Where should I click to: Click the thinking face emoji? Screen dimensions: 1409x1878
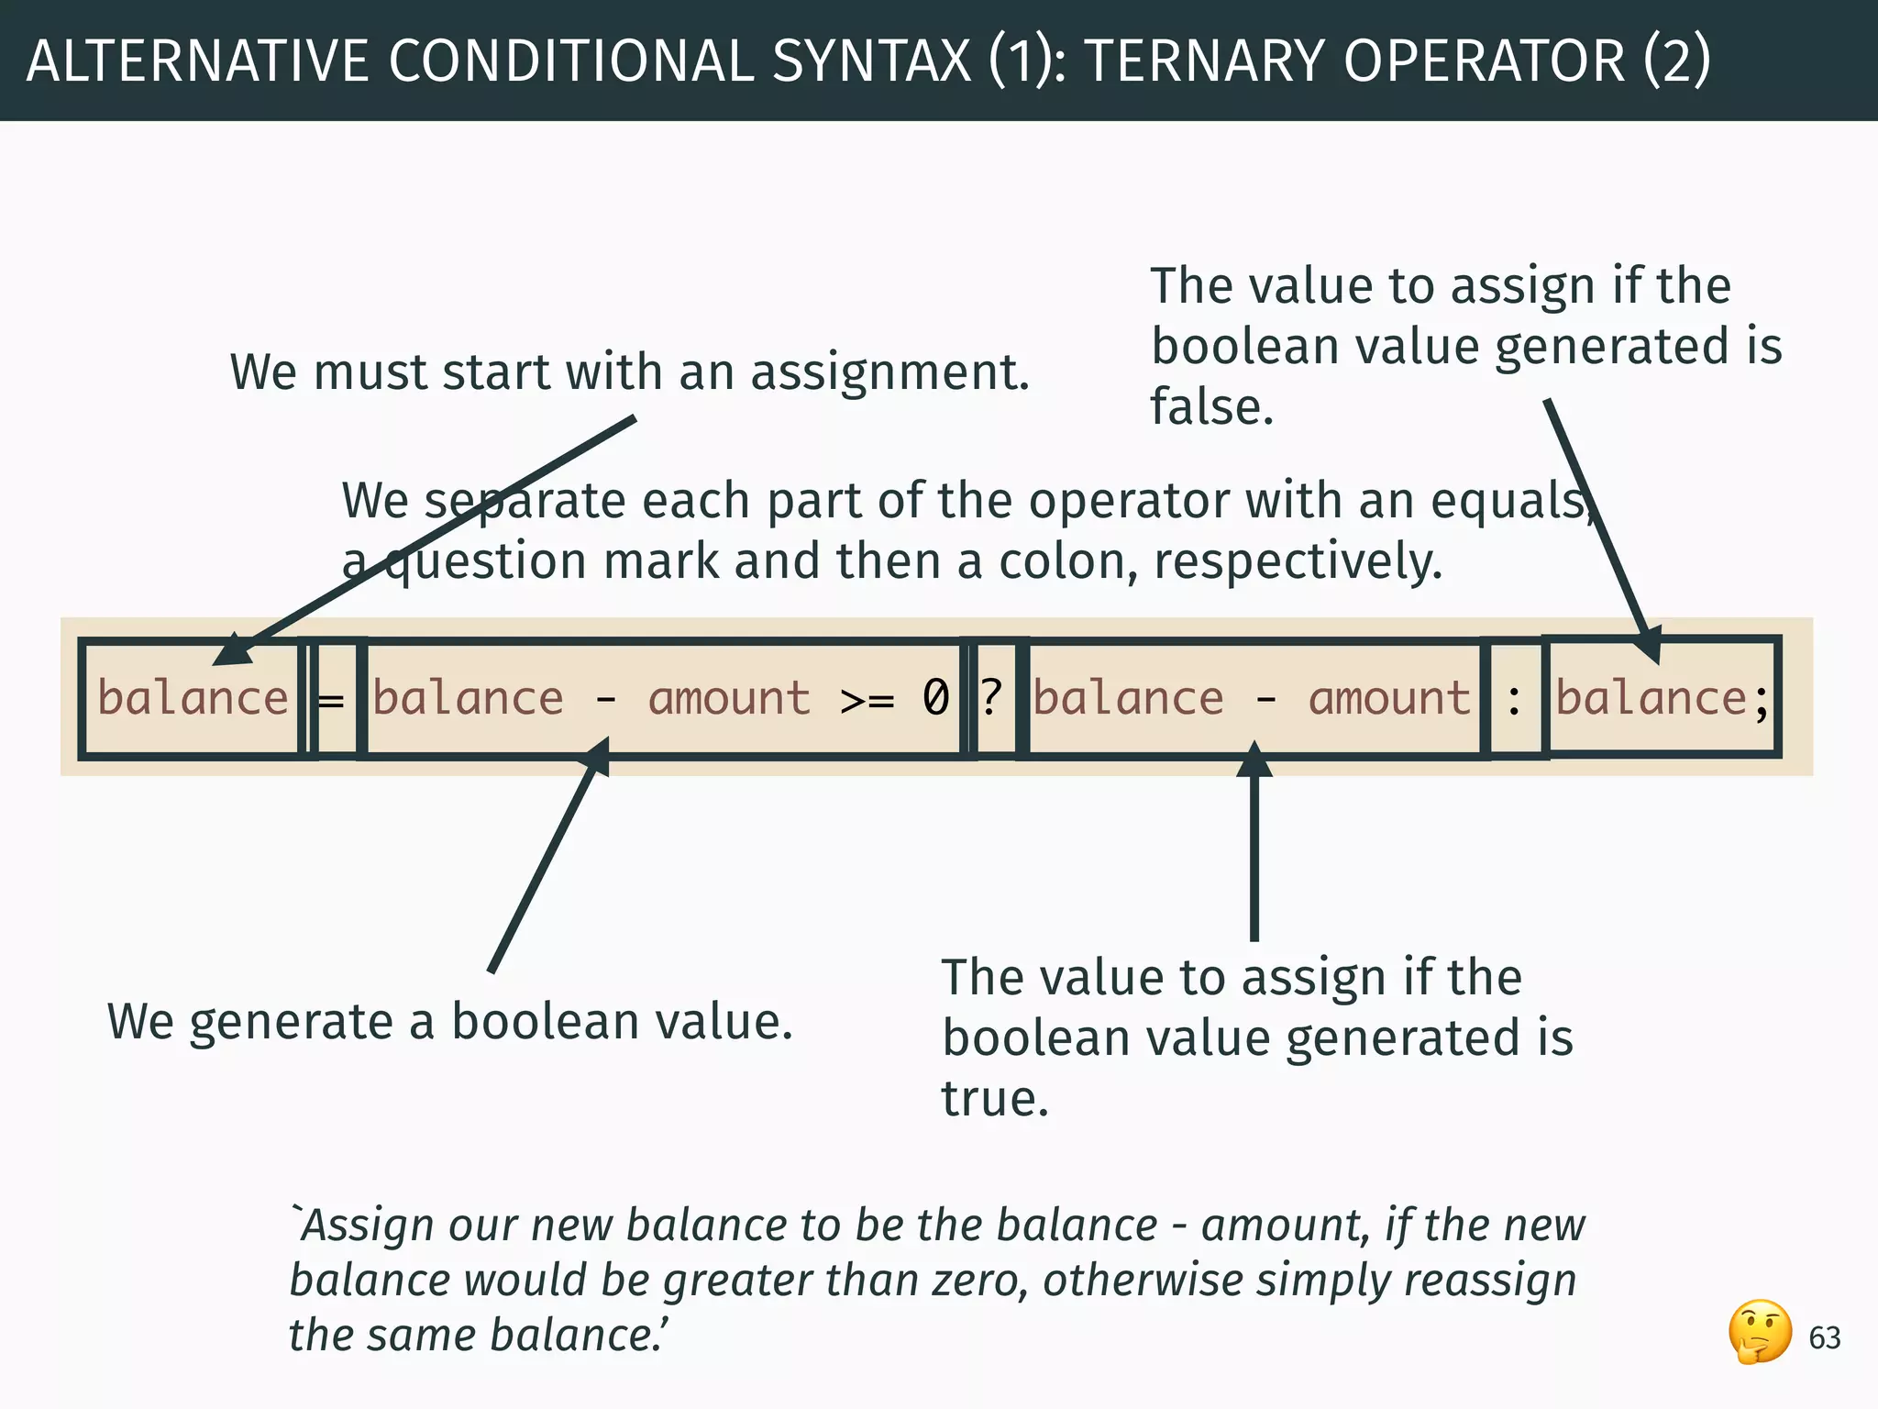tap(1760, 1332)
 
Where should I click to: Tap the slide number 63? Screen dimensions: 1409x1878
tap(1824, 1338)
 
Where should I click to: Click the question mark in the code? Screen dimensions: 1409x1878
tap(990, 697)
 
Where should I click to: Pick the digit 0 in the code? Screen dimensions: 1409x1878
tap(935, 697)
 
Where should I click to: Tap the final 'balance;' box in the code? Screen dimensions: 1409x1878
tap(1661, 697)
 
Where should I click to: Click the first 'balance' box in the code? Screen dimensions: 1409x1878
tap(193, 697)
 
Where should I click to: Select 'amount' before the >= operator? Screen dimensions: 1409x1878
tap(729, 697)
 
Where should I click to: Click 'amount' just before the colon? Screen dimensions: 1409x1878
tap(1389, 697)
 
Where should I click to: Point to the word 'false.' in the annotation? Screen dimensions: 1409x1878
tap(1211, 406)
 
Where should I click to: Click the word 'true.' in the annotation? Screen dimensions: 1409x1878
tap(995, 1098)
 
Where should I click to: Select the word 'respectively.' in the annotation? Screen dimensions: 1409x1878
tap(1298, 561)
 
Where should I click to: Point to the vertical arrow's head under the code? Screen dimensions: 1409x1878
tap(1254, 758)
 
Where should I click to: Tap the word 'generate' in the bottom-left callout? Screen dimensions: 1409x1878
tap(292, 1022)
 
